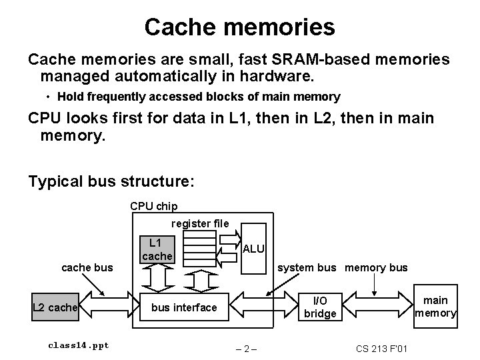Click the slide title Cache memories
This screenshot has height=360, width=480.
tap(239, 27)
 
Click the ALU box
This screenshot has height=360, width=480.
tap(253, 249)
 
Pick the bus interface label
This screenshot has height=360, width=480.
tap(184, 307)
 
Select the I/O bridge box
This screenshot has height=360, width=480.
tap(320, 307)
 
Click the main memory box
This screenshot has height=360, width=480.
tap(436, 307)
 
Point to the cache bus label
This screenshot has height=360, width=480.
tap(87, 268)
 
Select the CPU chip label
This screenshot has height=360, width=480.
tap(153, 206)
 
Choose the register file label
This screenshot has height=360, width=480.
tap(200, 223)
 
